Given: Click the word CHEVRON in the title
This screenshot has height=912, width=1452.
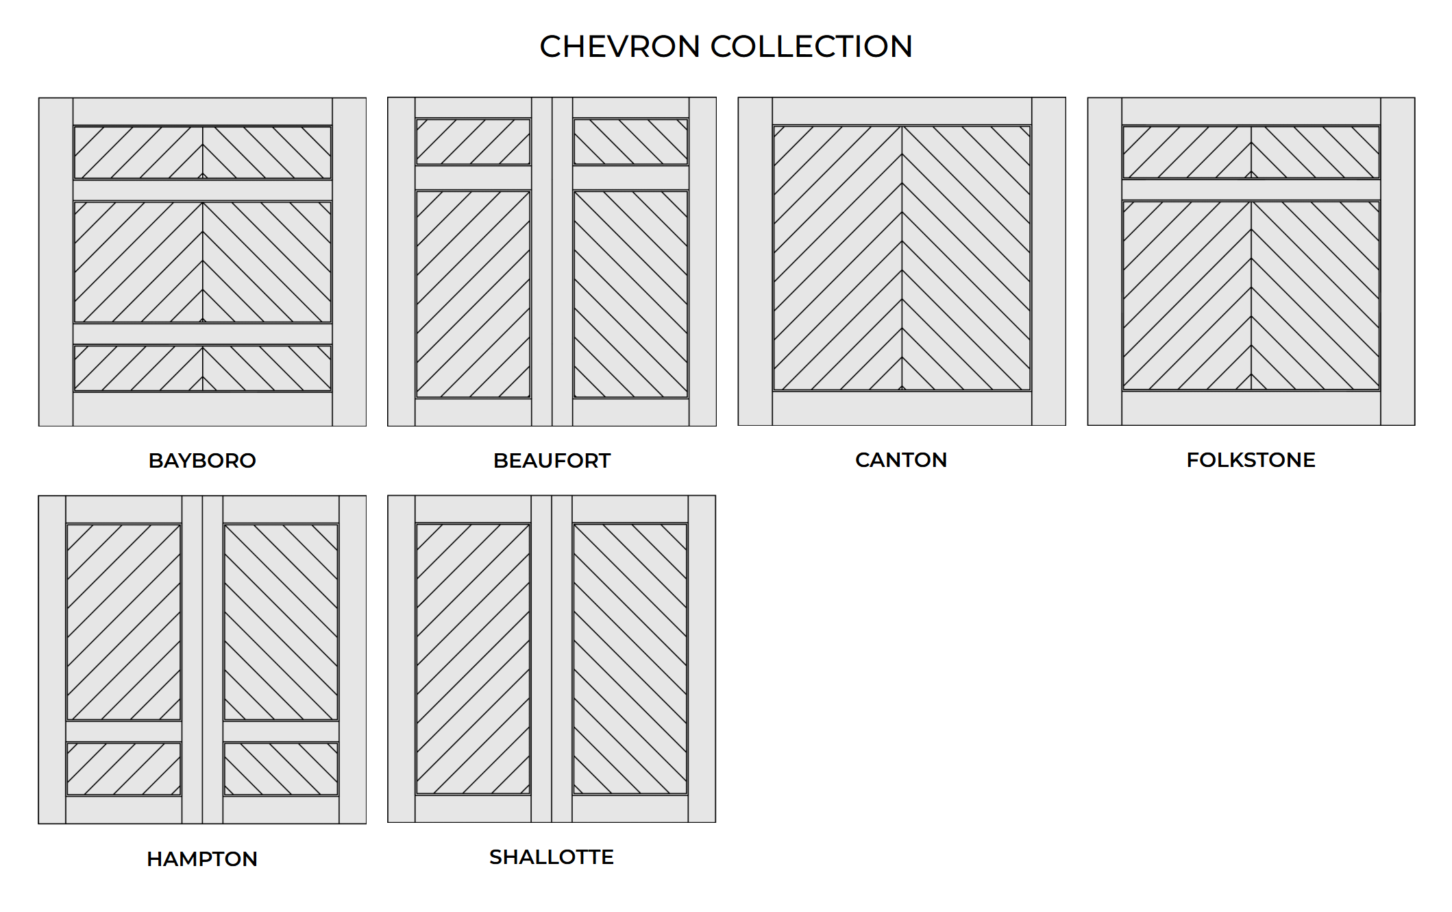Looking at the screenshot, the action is coord(619,47).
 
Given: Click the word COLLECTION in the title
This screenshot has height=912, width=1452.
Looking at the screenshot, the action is coord(811,47).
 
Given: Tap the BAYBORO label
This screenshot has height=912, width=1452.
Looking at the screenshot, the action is coord(202,460).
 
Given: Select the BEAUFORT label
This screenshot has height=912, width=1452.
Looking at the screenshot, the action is coord(552,460).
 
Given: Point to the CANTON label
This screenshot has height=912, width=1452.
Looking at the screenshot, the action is coord(901,459).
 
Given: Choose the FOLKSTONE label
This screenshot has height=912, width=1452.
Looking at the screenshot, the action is coord(1251,459).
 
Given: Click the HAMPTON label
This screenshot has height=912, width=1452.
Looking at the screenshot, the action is coord(202,859).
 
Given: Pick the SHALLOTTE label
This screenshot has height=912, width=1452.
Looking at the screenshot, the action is coord(552,856).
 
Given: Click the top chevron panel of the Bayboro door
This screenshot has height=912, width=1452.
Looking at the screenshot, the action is coord(202,152).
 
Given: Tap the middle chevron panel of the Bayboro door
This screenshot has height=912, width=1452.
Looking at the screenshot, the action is coord(202,261).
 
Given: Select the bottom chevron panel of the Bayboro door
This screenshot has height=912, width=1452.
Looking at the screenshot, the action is coord(202,368).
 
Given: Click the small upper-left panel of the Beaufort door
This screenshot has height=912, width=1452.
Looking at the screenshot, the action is coord(473,142).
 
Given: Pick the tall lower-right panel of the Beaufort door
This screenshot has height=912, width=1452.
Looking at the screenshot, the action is coord(630,294).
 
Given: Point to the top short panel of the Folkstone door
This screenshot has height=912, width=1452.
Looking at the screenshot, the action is coord(1251,152).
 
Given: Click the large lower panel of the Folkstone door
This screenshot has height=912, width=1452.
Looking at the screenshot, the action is coord(1251,296).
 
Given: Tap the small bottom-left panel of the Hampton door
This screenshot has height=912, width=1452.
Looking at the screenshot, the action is coord(123,769).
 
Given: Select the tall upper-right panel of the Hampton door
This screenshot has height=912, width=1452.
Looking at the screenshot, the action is coord(281,622).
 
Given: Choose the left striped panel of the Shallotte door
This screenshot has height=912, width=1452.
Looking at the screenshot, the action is coord(473,659).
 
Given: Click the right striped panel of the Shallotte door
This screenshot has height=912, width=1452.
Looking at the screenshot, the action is coord(630,659).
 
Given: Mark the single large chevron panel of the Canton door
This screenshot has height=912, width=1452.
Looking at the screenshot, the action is coord(902,258).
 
